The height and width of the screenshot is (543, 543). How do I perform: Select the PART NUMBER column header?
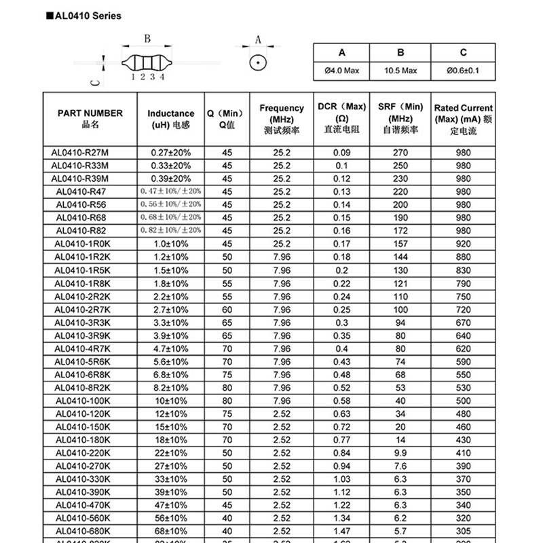pos(90,119)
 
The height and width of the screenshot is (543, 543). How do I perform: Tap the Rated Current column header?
pos(464,119)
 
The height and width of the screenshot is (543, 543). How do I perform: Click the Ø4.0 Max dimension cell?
pos(342,71)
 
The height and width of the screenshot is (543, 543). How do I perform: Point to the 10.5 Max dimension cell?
pos(400,71)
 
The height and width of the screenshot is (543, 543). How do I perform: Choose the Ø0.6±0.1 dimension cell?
pos(464,71)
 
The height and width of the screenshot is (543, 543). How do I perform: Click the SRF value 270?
pos(400,153)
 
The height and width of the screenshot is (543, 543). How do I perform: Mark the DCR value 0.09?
pos(342,153)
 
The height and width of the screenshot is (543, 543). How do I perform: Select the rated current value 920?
pos(464,244)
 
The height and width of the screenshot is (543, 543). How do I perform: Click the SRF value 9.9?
pos(400,453)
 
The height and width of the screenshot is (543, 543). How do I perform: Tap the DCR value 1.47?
pos(342,531)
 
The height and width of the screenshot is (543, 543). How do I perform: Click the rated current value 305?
pos(464,531)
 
